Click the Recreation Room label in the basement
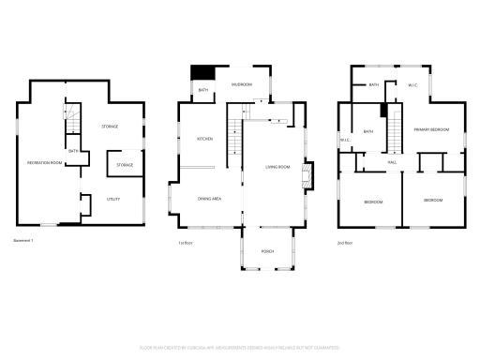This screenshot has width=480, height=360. point(43,163)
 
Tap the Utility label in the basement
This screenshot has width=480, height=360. point(112,199)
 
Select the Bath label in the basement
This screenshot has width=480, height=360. point(72,150)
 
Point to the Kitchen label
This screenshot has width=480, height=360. point(204,139)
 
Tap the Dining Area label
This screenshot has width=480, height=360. point(209,199)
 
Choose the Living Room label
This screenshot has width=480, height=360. point(278,167)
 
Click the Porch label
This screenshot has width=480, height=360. point(268,250)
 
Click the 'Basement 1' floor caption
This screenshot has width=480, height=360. point(23,242)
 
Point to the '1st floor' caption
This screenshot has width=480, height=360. point(186,243)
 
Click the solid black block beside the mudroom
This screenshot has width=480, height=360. point(202,72)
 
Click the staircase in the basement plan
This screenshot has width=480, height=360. point(67,120)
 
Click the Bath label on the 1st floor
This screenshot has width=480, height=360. point(203,90)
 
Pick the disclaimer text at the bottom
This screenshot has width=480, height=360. point(240,347)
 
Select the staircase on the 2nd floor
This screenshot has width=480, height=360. point(396,127)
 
